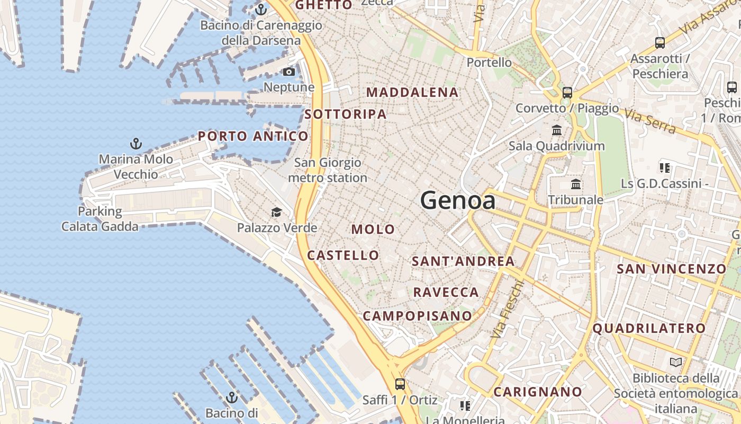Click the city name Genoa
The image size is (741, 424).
point(458,201)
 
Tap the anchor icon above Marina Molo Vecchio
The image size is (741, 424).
point(136,144)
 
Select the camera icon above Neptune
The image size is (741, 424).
point(288,72)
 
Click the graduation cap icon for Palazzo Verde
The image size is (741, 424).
point(276,213)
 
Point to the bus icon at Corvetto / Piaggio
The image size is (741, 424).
point(567,93)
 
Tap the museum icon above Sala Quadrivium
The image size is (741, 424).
point(557,130)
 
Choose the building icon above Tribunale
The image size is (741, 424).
point(576,184)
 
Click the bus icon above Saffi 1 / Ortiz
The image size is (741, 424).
point(400,384)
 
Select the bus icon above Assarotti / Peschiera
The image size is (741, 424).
point(660,43)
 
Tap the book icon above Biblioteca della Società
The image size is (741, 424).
point(676,363)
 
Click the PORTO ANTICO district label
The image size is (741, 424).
point(253,136)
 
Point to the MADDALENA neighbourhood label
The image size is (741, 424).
point(412,92)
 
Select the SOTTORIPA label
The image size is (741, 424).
point(345,114)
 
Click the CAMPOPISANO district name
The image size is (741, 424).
point(417,316)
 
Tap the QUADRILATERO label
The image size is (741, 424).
point(649,328)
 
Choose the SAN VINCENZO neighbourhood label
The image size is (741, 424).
point(672,269)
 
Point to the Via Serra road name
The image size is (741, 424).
point(649,121)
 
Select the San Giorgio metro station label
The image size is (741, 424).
point(328,170)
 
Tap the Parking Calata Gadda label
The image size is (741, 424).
point(100,219)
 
